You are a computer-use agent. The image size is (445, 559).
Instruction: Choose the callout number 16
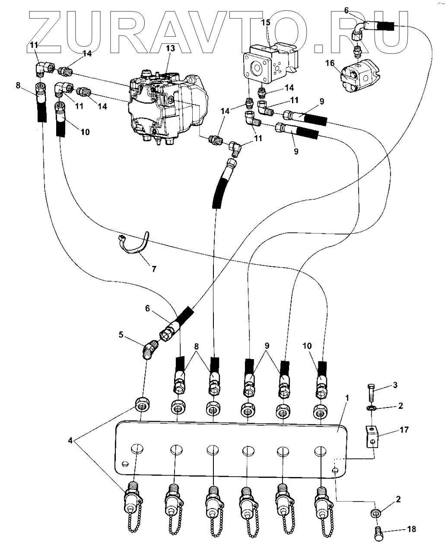pyautogui.click(x=330, y=64)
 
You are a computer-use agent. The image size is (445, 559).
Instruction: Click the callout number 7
pyautogui.click(x=154, y=268)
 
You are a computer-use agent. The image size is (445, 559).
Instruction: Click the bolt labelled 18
pyautogui.click(x=377, y=531)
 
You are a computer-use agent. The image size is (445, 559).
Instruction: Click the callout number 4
pyautogui.click(x=70, y=441)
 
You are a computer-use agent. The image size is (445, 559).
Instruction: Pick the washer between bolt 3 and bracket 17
pyautogui.click(x=371, y=408)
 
